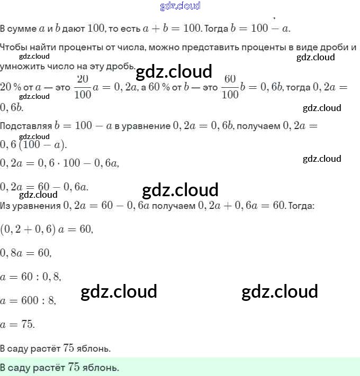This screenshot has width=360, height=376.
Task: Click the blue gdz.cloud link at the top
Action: click(x=180, y=6)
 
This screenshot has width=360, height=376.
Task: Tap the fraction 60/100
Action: click(x=229, y=87)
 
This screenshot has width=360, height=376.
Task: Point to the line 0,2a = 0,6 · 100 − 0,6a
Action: click(x=59, y=164)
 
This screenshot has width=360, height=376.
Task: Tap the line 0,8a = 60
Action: click(x=26, y=253)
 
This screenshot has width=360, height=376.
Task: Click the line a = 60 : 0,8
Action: click(x=31, y=277)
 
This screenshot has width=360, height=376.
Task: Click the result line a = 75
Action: click(x=18, y=324)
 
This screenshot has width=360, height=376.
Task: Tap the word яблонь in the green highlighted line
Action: click(x=101, y=367)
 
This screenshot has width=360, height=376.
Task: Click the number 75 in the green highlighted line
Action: click(x=74, y=367)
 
